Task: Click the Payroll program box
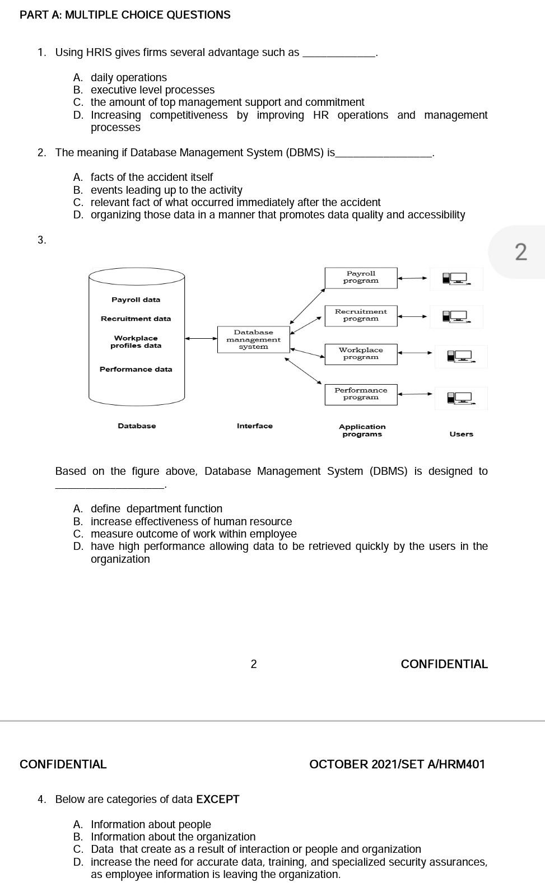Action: pos(361,278)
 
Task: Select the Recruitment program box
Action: pos(361,315)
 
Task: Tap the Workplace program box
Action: pos(361,354)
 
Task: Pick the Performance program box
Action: pos(361,394)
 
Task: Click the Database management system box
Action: pos(253,340)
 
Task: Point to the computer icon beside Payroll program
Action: pos(455,278)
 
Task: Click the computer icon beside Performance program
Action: pos(460,398)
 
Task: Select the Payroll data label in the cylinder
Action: pos(136,300)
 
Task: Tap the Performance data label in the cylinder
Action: pos(136,370)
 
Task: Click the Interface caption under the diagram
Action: pos(254,426)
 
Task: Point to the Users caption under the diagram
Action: pos(461,434)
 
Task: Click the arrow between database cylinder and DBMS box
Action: pos(201,338)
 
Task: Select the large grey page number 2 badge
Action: pos(520,252)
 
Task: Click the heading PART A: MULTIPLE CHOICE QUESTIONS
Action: pos(125,15)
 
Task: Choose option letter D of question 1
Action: pos(78,115)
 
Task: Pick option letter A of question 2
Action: pos(78,178)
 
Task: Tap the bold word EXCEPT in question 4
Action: pos(217,800)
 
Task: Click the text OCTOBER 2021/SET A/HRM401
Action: pos(397,764)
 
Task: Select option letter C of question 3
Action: pos(78,534)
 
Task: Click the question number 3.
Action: pos(41,240)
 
